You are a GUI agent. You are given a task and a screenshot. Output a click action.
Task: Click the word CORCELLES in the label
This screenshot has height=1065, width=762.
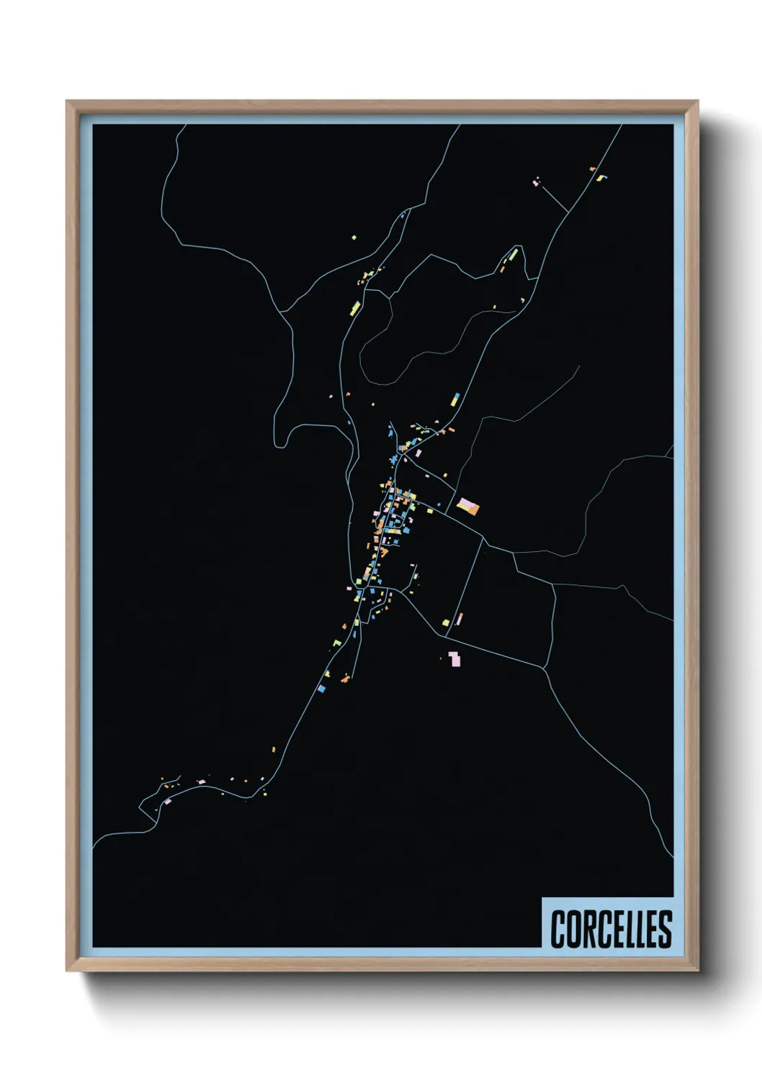(x=611, y=929)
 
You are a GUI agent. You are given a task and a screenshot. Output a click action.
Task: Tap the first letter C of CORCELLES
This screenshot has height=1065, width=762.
(x=559, y=929)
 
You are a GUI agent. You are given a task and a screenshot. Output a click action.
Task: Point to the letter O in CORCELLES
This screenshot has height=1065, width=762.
(x=573, y=929)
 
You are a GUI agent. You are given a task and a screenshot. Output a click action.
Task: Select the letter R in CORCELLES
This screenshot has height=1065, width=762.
(x=588, y=929)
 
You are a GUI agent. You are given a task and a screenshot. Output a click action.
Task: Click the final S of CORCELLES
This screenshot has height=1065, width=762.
(x=665, y=929)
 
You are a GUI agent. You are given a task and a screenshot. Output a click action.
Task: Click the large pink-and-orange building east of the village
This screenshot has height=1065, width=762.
(x=468, y=507)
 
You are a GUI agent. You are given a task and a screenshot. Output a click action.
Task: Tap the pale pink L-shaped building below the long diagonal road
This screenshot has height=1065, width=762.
(x=454, y=658)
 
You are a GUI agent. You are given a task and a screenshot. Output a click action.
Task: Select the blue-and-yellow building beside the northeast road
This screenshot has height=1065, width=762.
(x=455, y=399)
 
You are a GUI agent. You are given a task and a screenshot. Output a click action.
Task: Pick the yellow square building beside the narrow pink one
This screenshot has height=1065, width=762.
(x=446, y=622)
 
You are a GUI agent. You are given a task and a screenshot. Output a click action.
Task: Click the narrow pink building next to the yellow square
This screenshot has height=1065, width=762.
(x=459, y=618)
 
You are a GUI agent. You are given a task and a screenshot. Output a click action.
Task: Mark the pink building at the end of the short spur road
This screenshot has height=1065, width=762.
(x=535, y=183)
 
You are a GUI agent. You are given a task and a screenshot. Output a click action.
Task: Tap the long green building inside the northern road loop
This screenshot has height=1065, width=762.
(x=514, y=254)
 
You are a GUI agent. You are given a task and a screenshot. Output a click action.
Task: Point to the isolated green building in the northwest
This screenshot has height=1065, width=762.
(x=354, y=237)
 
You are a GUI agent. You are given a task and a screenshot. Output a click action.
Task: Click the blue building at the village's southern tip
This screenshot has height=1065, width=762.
(x=322, y=689)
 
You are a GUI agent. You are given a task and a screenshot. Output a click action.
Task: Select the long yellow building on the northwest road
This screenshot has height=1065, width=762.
(x=355, y=309)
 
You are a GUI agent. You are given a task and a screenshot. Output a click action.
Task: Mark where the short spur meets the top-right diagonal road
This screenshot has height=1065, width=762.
(x=569, y=212)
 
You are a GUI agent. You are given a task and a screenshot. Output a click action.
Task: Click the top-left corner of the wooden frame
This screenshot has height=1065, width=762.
(x=67, y=101)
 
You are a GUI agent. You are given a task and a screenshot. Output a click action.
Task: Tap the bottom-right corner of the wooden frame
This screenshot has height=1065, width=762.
(x=697, y=971)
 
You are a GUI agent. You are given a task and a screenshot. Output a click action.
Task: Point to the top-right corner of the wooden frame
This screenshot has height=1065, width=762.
(x=697, y=101)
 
